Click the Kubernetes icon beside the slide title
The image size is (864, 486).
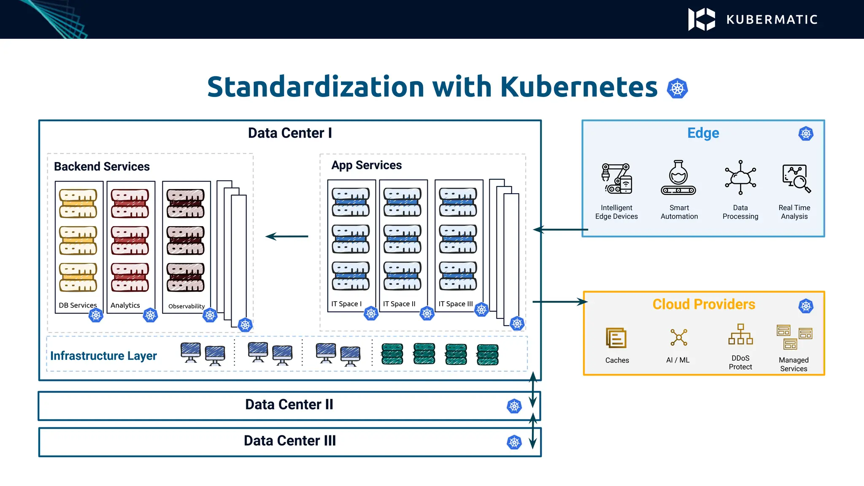677,89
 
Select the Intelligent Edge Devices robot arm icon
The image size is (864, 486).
616,179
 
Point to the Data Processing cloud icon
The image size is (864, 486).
740,178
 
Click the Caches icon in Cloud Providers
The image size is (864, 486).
616,338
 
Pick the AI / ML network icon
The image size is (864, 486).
679,337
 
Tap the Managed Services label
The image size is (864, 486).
794,364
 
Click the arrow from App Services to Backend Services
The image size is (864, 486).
287,236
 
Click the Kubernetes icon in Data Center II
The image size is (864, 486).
514,406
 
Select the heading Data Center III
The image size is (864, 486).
290,441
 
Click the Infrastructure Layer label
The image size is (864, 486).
103,356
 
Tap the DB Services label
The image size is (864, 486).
78,305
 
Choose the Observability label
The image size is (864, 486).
186,306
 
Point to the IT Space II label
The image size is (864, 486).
399,304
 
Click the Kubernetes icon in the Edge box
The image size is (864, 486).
806,134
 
